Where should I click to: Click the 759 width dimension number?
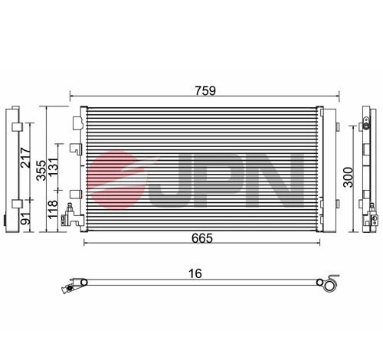coord(205,90)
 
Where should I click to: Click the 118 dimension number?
coord(54,208)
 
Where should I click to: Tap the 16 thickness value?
coord(198,273)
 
